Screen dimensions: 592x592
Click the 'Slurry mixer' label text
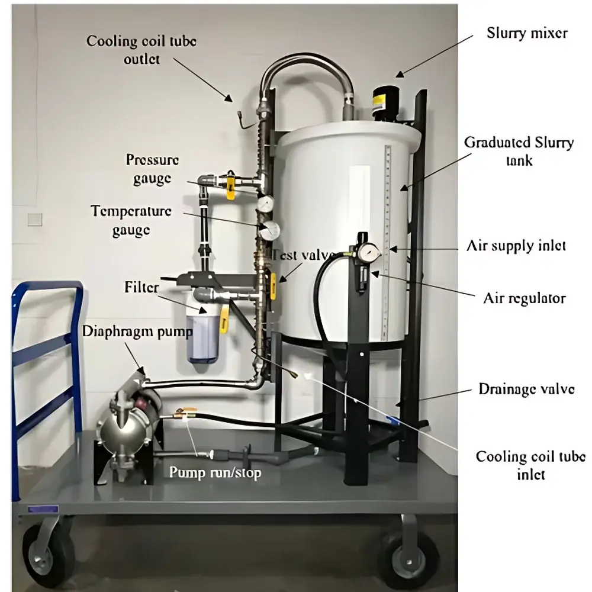(526, 33)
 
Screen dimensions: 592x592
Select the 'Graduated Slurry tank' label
(519, 151)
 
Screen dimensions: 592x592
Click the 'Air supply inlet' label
(516, 245)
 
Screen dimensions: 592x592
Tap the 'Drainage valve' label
(526, 389)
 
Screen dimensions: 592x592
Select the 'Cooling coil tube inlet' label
(530, 465)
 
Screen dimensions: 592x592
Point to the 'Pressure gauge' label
(152, 169)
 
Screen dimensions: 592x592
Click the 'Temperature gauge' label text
(131, 220)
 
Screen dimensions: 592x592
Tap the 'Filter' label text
(141, 288)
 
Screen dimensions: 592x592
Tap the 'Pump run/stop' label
(215, 472)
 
